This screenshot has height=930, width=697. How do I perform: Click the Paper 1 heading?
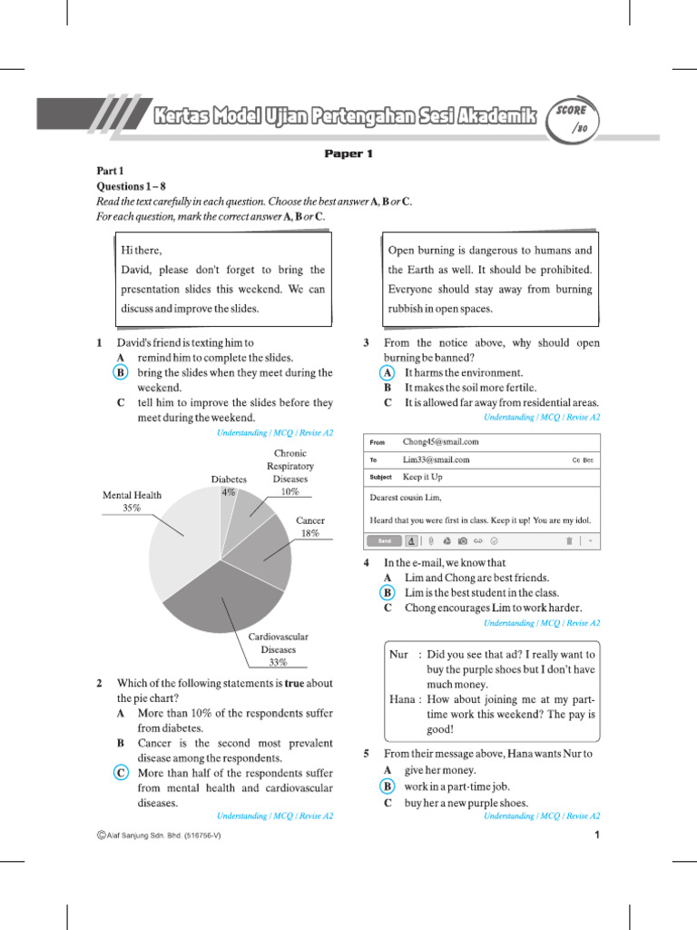coord(348,154)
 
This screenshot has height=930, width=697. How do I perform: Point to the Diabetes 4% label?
coord(229,485)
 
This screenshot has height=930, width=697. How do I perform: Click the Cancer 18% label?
coord(310,527)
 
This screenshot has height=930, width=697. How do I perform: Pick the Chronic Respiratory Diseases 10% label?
coord(290,472)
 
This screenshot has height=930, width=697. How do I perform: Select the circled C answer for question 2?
coord(121,773)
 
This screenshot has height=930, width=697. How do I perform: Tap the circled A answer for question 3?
coord(388,372)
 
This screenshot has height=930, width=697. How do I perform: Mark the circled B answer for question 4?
coord(388,592)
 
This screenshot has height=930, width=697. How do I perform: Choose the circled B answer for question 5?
coord(388,787)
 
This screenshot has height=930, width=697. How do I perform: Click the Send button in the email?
coord(384,540)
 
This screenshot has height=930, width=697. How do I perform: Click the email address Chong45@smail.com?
coord(440,442)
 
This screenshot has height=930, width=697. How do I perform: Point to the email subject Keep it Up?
coord(423,477)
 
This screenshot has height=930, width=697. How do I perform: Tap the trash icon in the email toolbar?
coord(569,540)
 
